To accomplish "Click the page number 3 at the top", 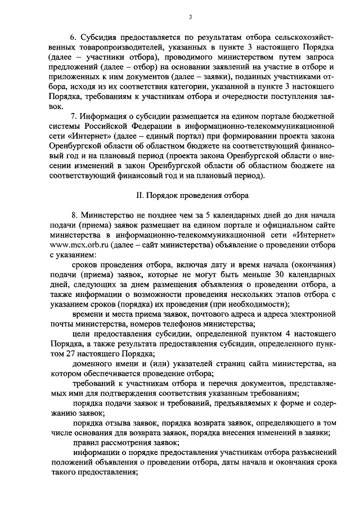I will click(190, 17).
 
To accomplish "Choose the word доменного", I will click(92, 364).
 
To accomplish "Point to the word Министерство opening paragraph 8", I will click(109, 215).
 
